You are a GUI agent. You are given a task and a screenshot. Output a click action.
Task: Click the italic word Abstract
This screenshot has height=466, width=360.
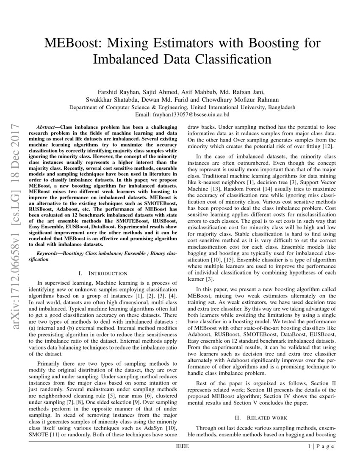pos(46,127)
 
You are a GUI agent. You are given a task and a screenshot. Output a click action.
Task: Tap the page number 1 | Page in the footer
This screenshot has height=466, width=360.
pos(322,447)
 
